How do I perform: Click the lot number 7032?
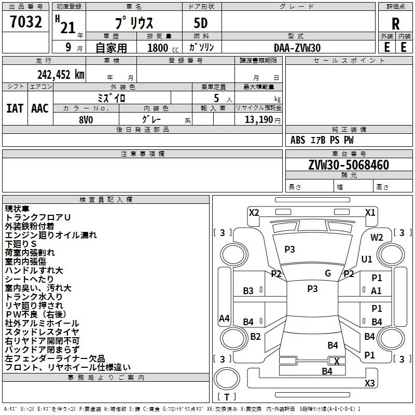coord(26,22)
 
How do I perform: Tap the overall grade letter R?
coord(395,24)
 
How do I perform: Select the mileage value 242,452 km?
coord(61,75)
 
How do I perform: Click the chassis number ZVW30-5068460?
coord(349,165)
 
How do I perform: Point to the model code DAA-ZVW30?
coord(297,48)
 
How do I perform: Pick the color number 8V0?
coord(86,120)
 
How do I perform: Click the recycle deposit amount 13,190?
coord(258,120)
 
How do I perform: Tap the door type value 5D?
coord(201,23)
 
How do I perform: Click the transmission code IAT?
coord(15,108)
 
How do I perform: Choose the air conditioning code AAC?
coord(40,108)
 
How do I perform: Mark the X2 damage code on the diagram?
coord(254,213)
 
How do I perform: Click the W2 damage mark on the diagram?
coord(377,238)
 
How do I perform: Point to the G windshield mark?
coord(328,273)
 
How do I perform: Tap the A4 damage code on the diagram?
coord(224,319)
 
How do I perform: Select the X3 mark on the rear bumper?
coord(369,383)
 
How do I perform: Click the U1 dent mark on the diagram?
coord(367,259)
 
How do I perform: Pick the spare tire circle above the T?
coord(227,379)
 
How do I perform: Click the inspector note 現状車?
coord(17,209)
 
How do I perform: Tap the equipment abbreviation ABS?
coord(298,140)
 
